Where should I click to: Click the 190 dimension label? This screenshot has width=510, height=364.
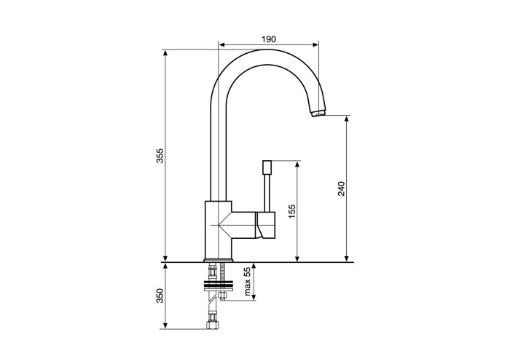click(269, 39)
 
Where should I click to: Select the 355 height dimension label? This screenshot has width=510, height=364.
click(160, 155)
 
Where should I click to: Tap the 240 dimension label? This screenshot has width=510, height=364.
click(341, 189)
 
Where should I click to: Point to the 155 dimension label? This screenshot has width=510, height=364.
click(292, 211)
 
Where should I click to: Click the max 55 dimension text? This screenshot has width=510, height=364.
click(248, 282)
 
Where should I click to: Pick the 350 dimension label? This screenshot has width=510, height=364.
click(160, 296)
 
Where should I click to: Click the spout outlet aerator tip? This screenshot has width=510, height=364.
click(318, 114)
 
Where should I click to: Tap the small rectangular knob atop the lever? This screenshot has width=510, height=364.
click(267, 167)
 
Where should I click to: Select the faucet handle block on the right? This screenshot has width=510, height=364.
click(265, 225)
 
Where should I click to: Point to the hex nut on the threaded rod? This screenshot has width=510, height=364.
click(223, 296)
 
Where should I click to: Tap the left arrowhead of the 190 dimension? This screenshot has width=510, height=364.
click(221, 45)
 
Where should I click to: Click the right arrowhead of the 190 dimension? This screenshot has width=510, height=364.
click(315, 45)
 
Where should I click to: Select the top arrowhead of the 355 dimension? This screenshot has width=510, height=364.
click(165, 53)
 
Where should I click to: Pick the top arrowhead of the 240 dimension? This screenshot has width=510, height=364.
click(347, 119)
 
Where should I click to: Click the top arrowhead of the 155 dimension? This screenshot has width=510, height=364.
click(297, 164)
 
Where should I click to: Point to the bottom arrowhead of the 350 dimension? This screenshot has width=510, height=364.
click(165, 325)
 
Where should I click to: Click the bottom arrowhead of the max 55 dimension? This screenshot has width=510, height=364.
click(254, 296)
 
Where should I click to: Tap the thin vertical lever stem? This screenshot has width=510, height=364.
click(267, 194)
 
